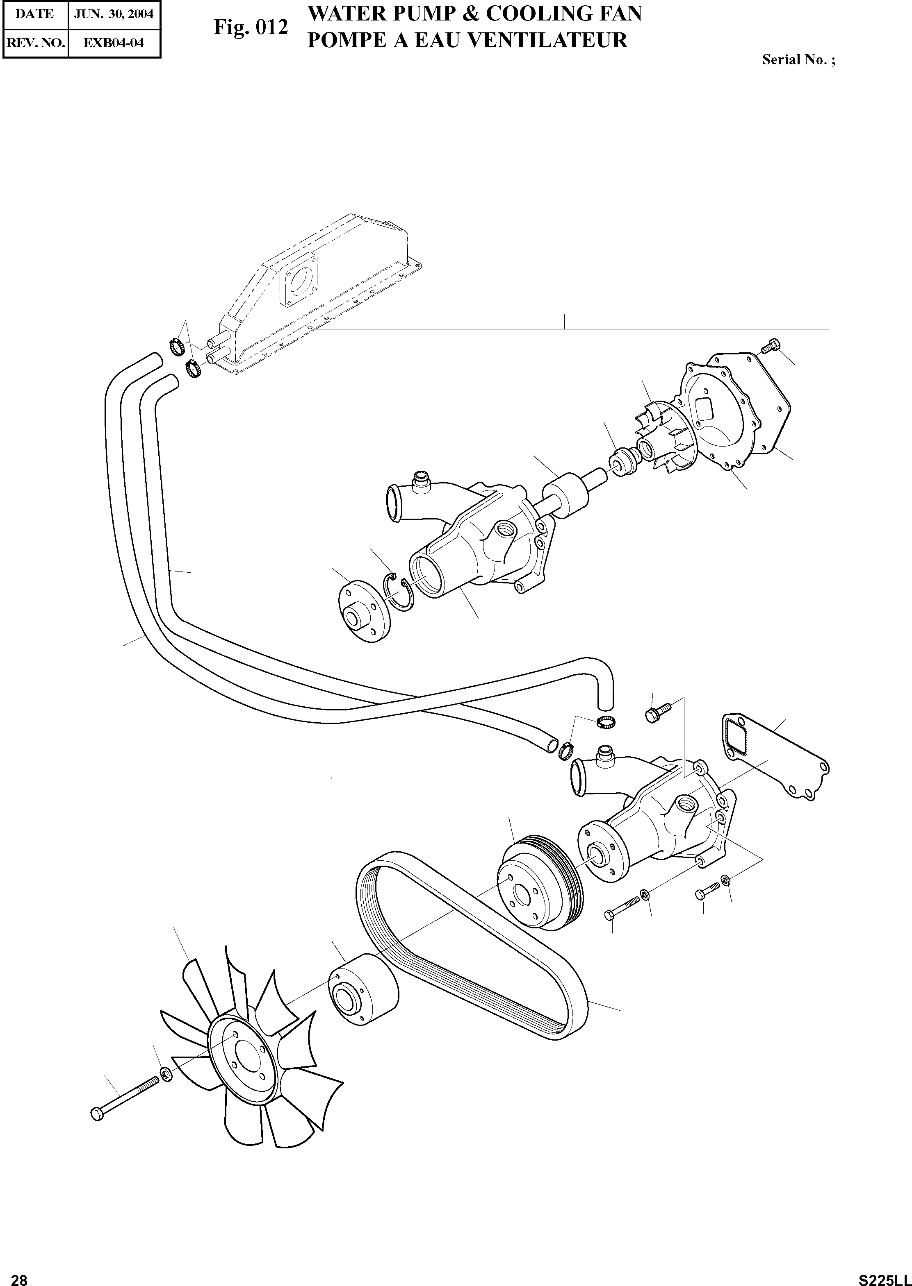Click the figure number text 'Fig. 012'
251,27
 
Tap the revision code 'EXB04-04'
114,43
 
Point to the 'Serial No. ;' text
798,60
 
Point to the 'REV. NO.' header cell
35,43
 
